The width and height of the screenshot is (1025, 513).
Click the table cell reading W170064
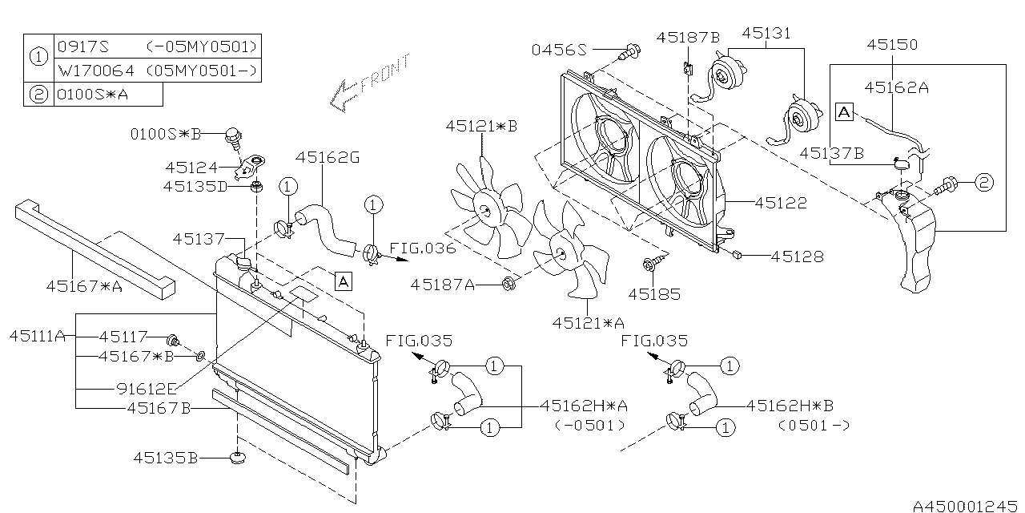(x=98, y=71)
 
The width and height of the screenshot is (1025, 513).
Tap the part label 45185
(x=654, y=294)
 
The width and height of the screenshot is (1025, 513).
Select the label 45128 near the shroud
(x=797, y=256)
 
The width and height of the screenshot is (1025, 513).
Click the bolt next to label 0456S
(x=629, y=51)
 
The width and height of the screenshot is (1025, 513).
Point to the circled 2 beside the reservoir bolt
(x=983, y=184)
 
